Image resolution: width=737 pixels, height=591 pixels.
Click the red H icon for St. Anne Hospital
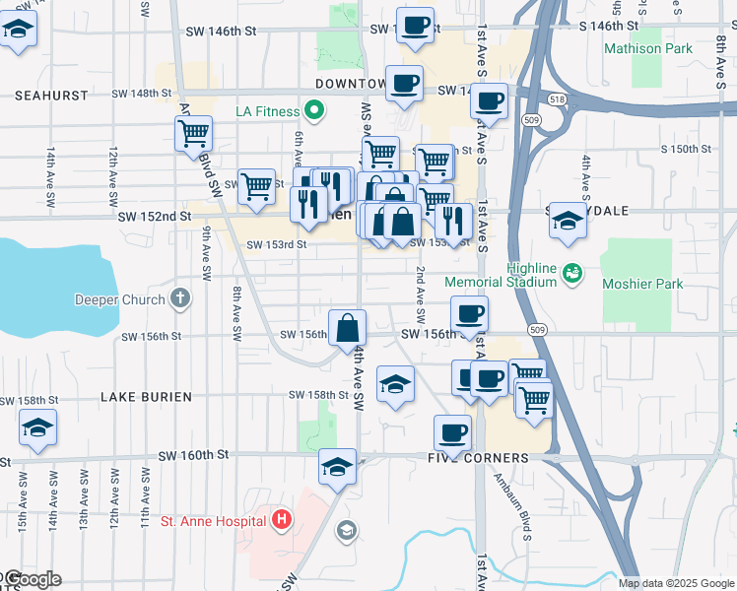click(x=282, y=519)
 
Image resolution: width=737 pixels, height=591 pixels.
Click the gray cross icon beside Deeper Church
click(x=179, y=297)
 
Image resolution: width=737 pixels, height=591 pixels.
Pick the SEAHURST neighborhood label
click(x=52, y=95)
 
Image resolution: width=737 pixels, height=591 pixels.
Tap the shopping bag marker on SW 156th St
click(x=347, y=327)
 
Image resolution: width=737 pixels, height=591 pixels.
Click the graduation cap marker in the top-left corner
click(x=19, y=32)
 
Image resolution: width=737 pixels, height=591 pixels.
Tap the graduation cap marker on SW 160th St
click(x=337, y=466)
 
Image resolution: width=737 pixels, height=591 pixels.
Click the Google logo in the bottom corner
click(x=32, y=579)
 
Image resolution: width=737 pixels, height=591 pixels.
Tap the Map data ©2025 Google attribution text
click(x=675, y=583)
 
